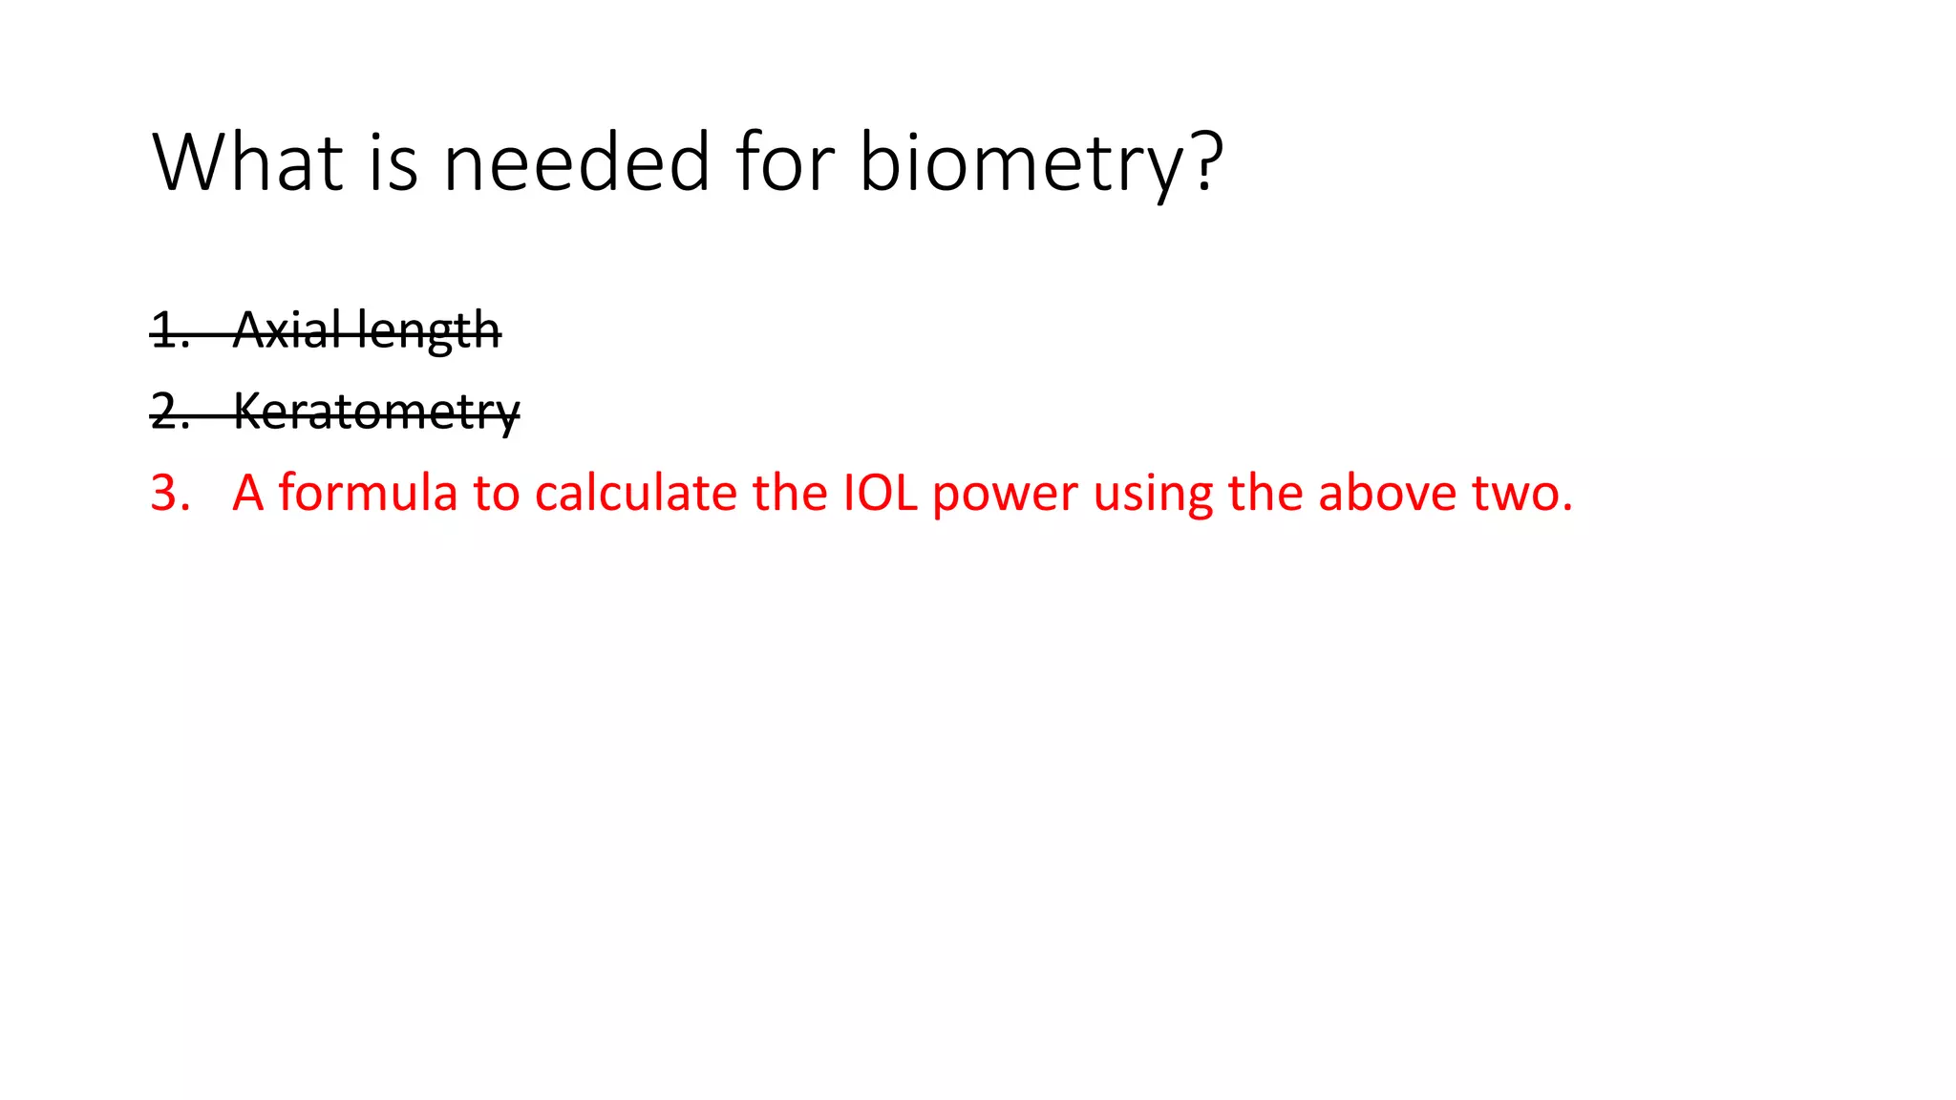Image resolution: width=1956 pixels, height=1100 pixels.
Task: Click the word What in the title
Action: click(247, 162)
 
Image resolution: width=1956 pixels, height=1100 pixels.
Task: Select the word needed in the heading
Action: click(577, 162)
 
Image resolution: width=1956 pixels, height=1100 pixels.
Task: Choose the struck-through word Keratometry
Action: click(376, 412)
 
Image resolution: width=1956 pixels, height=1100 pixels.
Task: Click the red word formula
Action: click(368, 494)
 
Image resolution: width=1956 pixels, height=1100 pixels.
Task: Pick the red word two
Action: click(1519, 494)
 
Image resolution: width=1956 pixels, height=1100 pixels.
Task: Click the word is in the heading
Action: click(393, 162)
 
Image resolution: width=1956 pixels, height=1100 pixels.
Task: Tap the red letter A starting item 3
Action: click(247, 494)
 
